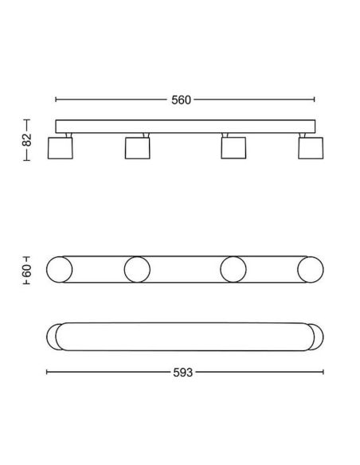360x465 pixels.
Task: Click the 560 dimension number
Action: pyautogui.click(x=181, y=100)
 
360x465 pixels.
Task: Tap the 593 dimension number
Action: pyautogui.click(x=182, y=373)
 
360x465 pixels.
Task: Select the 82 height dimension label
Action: pyautogui.click(x=27, y=140)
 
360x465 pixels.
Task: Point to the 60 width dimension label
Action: pyautogui.click(x=26, y=270)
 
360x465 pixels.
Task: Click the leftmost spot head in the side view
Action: pyautogui.click(x=61, y=148)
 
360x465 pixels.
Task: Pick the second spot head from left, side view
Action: pyautogui.click(x=137, y=148)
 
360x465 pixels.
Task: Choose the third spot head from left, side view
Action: pyautogui.click(x=233, y=148)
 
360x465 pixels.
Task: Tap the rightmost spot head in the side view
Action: pyautogui.click(x=311, y=148)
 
